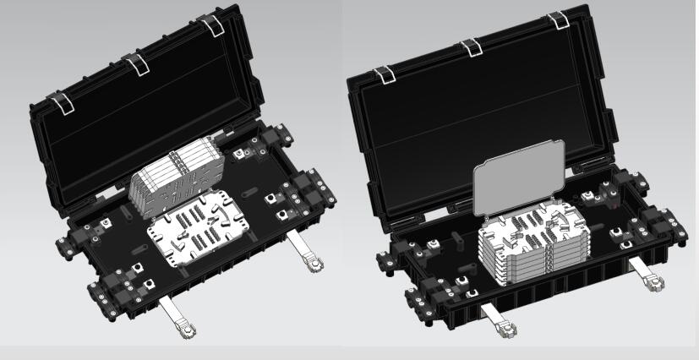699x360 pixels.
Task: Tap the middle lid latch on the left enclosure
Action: [134, 64]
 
